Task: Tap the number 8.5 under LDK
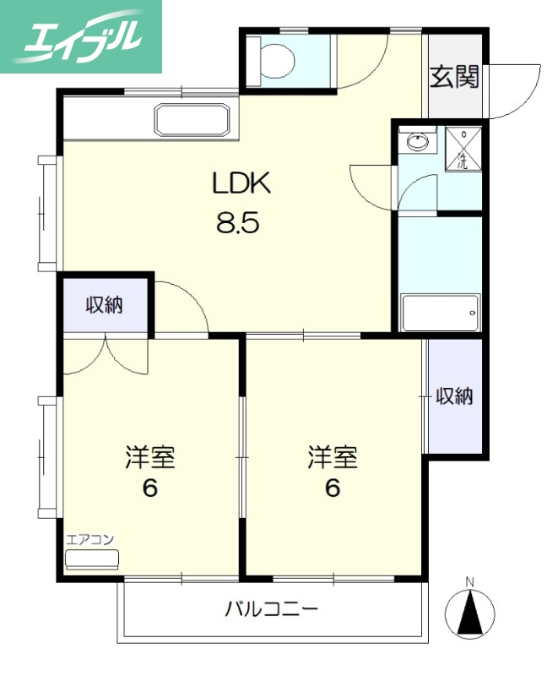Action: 240,224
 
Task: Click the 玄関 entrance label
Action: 455,77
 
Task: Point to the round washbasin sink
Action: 417,142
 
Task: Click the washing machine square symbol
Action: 463,149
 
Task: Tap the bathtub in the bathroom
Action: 440,313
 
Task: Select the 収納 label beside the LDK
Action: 105,305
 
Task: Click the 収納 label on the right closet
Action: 454,395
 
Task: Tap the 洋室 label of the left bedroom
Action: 150,458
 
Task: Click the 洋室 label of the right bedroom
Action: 333,458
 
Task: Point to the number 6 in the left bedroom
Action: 150,489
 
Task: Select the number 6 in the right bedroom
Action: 333,489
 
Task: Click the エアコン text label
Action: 90,539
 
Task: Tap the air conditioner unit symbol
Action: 93,559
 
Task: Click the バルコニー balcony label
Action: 271,608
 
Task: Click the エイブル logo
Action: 81,35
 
